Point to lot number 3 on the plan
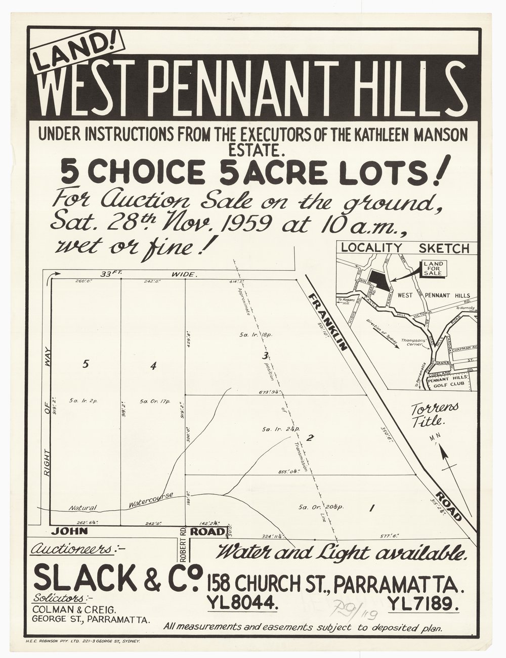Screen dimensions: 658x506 click(264, 356)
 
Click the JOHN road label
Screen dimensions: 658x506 click(69, 532)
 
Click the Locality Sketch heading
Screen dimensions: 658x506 click(405, 248)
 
